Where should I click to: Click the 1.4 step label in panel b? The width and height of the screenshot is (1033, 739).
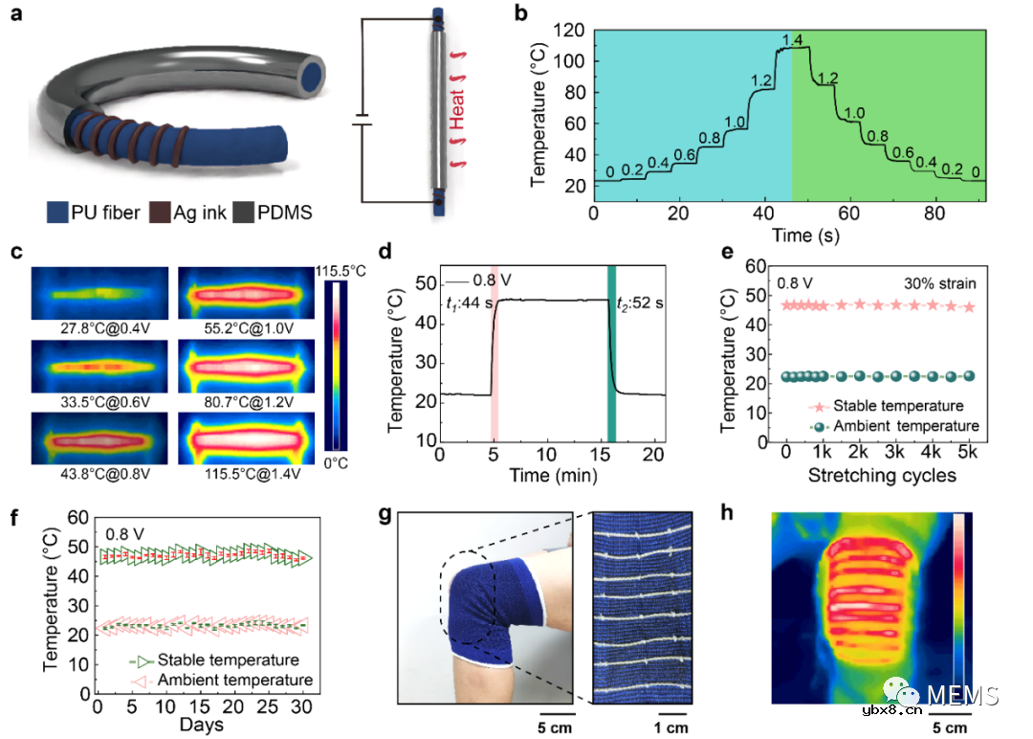click(x=791, y=39)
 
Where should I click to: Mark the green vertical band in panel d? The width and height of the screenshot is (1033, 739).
click(x=611, y=354)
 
